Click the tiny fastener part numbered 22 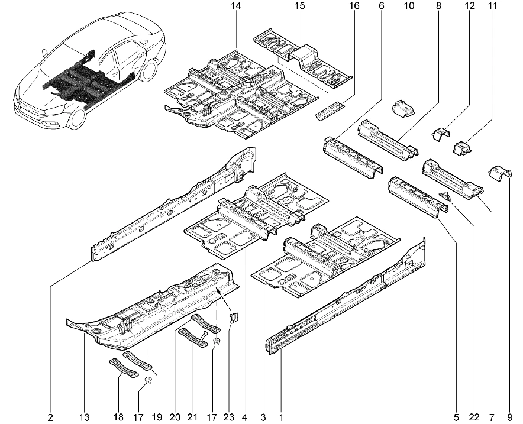tap(447, 196)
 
